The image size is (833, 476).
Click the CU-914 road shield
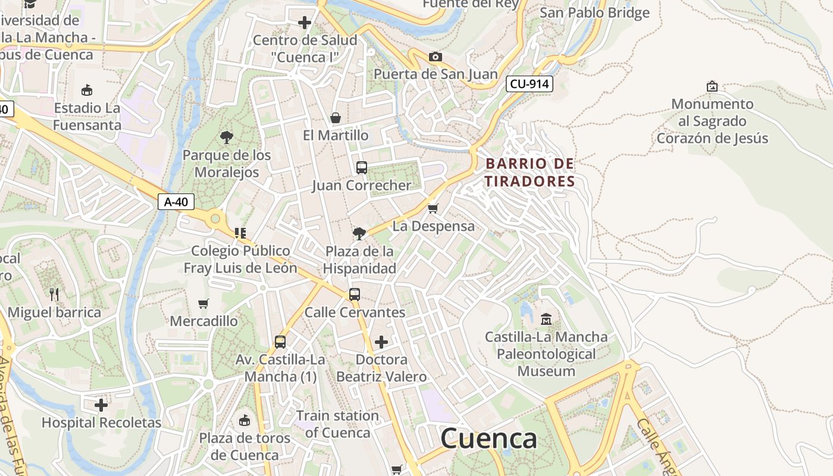530,84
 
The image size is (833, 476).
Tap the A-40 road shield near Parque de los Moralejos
176,202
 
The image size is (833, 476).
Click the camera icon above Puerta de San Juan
436,57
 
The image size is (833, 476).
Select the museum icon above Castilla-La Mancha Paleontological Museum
546,320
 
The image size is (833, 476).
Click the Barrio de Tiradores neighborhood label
530,172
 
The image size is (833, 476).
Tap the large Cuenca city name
488,439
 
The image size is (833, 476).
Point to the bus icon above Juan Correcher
361,168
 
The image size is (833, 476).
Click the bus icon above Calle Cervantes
355,294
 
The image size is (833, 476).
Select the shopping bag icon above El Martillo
336,118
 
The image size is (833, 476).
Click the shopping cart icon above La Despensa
433,208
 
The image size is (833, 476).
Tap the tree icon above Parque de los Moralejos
226,137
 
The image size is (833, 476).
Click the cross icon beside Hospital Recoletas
101,405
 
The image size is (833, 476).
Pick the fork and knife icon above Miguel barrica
54,294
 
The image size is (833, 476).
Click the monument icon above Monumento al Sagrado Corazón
712,86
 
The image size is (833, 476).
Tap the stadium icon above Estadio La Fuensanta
87,90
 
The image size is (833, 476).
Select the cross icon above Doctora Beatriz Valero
381,342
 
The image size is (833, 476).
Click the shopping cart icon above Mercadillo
203,303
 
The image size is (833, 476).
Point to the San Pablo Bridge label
594,12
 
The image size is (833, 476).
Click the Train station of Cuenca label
337,424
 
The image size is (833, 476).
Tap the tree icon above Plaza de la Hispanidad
359,233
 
